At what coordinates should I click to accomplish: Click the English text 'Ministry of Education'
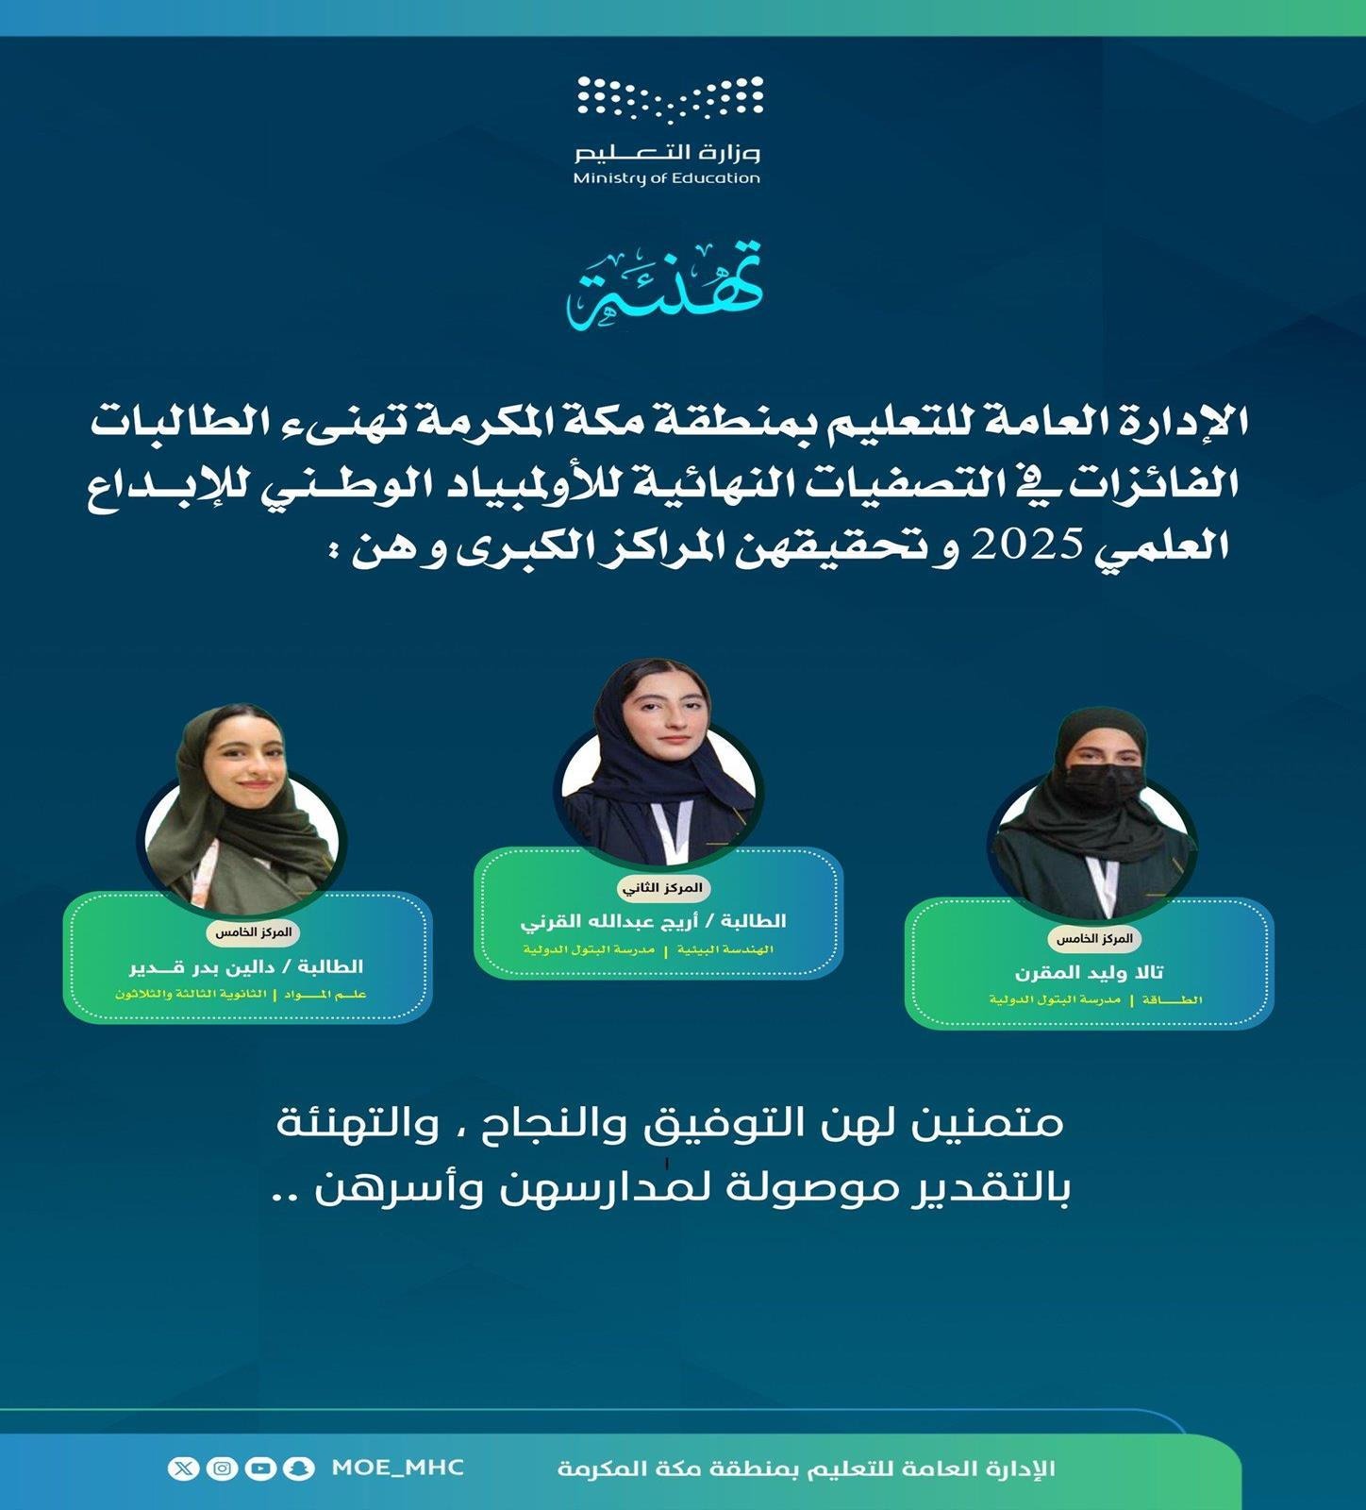click(667, 177)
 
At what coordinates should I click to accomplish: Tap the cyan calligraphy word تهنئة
click(665, 286)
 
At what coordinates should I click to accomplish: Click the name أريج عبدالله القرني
click(653, 920)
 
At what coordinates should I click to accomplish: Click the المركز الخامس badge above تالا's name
click(1094, 939)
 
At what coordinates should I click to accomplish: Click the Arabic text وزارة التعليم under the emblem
click(668, 152)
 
